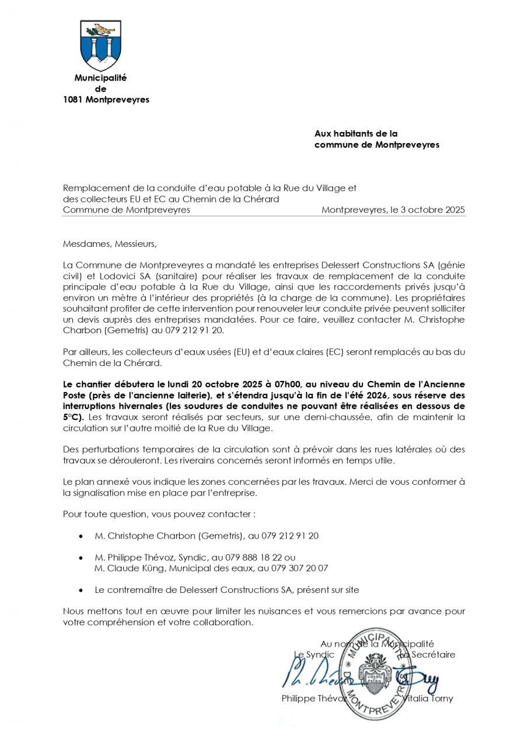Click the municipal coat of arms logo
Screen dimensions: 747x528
pos(100,46)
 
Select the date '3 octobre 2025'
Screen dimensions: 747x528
pos(432,210)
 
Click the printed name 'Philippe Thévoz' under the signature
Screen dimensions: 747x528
pos(314,699)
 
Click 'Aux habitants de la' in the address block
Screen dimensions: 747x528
pos(356,134)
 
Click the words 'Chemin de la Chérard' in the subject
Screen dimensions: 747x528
pos(224,199)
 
